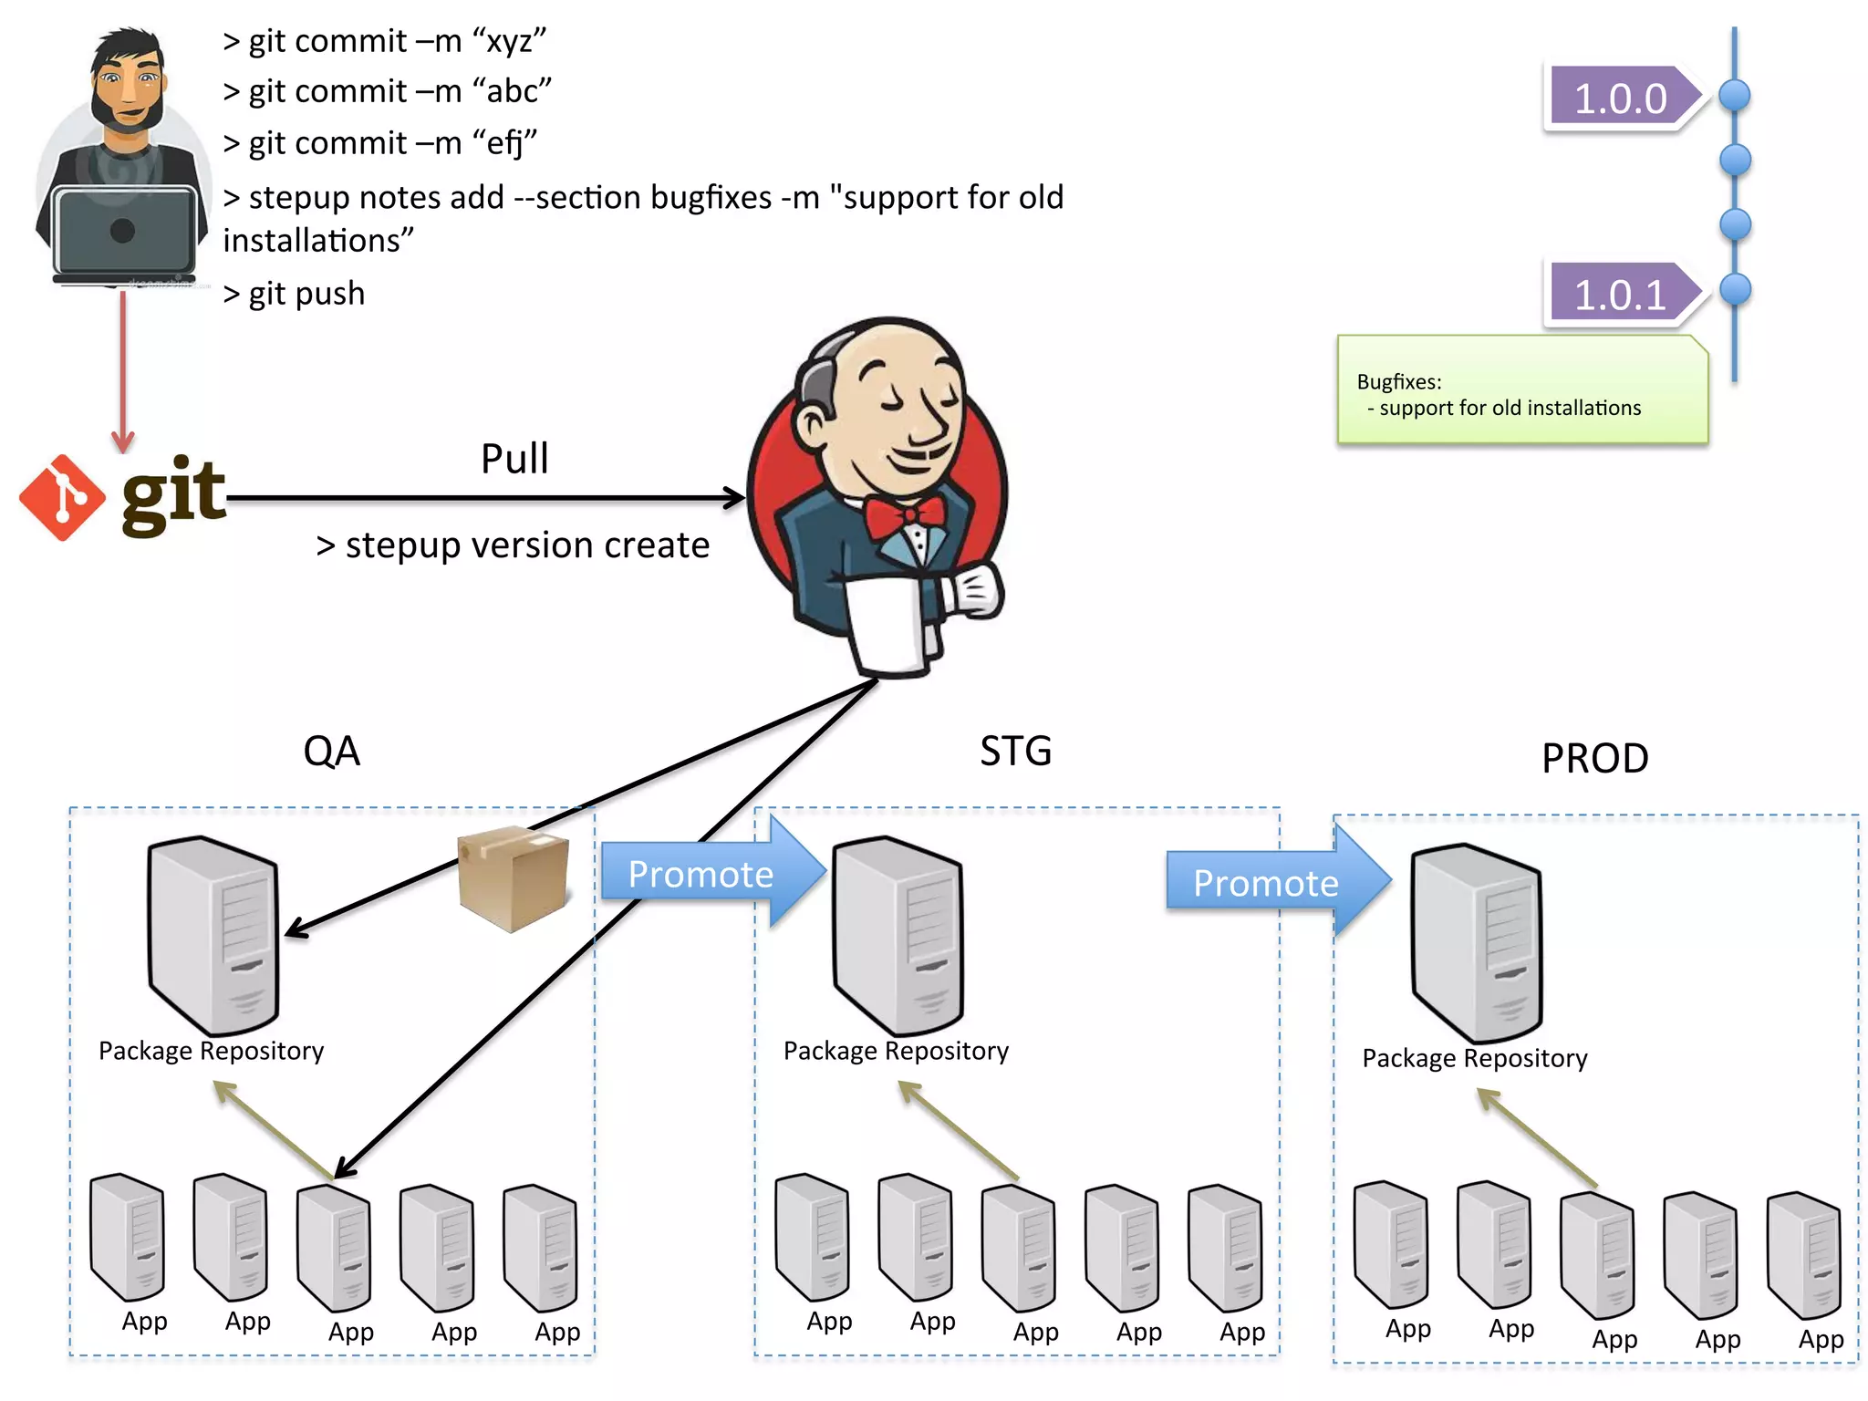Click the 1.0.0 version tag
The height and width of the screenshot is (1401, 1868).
[1620, 98]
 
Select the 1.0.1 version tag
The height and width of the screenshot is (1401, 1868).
[1620, 294]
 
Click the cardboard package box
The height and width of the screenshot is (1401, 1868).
[514, 877]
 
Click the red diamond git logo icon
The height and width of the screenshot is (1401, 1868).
[62, 498]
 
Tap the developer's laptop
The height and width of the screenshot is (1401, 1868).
[123, 232]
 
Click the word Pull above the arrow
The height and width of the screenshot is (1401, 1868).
[514, 459]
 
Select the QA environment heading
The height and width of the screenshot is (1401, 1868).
[331, 752]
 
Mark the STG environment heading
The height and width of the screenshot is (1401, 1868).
[1015, 752]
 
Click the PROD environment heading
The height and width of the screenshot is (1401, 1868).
[1594, 758]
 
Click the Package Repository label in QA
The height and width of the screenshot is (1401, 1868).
[211, 1051]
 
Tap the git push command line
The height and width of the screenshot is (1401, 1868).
[294, 294]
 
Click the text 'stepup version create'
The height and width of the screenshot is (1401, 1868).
[514, 545]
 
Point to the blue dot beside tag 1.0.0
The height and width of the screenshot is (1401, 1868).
[1734, 95]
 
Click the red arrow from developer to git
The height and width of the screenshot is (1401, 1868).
[123, 369]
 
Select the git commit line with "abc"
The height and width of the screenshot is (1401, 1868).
[387, 91]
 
